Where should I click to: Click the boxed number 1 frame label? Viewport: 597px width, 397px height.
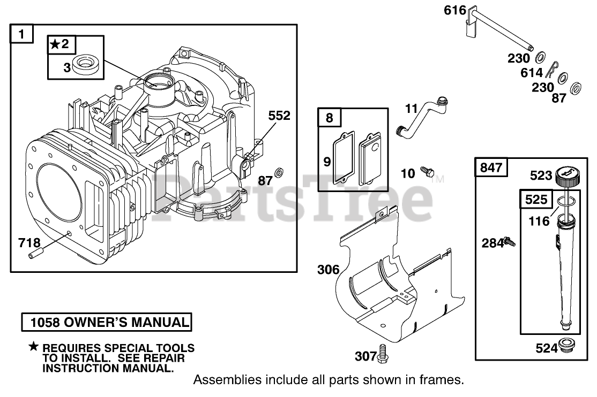[22, 35]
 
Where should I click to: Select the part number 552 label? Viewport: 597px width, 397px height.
[279, 116]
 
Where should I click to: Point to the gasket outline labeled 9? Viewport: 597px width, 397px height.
[340, 156]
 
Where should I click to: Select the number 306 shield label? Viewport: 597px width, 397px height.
[328, 269]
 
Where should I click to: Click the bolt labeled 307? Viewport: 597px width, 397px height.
[383, 353]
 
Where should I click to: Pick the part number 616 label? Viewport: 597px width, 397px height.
[454, 10]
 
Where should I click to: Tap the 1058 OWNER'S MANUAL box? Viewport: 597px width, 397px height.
[106, 322]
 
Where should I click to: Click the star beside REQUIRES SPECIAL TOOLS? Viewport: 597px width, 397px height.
[34, 347]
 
